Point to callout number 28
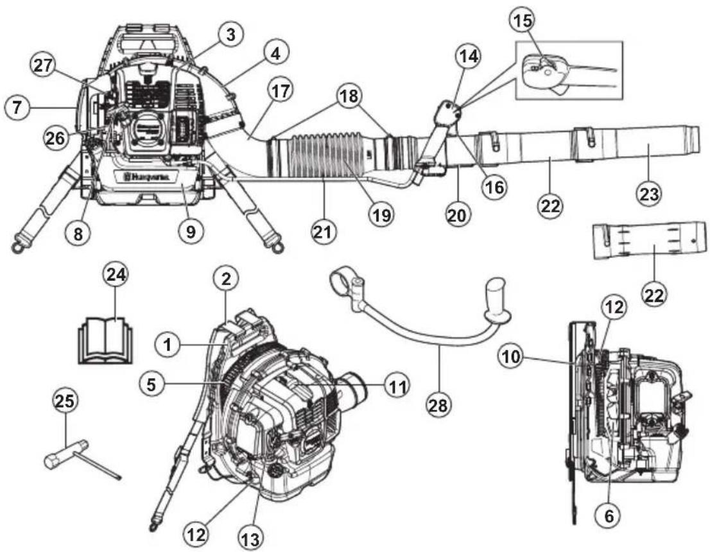coord(440,404)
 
